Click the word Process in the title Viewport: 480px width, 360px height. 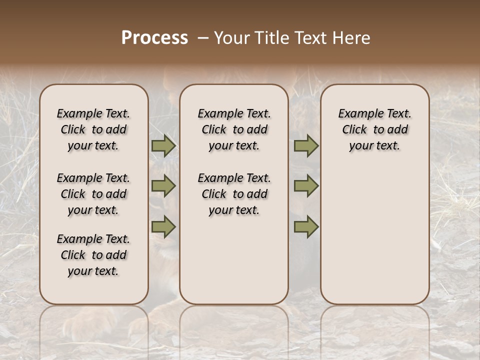pos(154,38)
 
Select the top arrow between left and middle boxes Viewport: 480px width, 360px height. pos(163,146)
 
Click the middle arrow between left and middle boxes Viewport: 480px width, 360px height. pos(163,186)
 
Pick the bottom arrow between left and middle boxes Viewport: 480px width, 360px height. pos(163,226)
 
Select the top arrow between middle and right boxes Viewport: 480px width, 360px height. pos(306,146)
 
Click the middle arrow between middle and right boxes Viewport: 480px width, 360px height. pos(306,186)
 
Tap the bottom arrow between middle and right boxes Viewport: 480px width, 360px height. pos(306,226)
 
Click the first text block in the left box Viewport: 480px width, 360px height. pos(93,129)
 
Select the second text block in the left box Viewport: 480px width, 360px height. pos(93,194)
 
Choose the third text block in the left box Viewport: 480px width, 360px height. pos(93,255)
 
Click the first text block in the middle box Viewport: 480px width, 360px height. pos(234,129)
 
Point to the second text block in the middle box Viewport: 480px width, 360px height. pos(234,194)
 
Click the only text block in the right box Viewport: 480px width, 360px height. pos(375,129)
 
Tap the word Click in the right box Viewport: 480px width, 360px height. pos(354,130)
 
